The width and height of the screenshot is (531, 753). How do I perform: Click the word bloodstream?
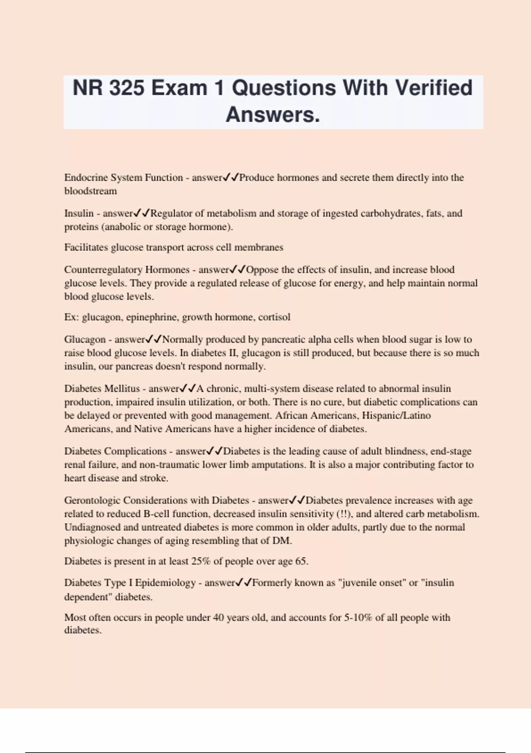click(91, 191)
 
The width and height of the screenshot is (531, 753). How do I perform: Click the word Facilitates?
click(86, 247)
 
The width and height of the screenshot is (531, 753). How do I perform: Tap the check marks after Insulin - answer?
click(142, 213)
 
